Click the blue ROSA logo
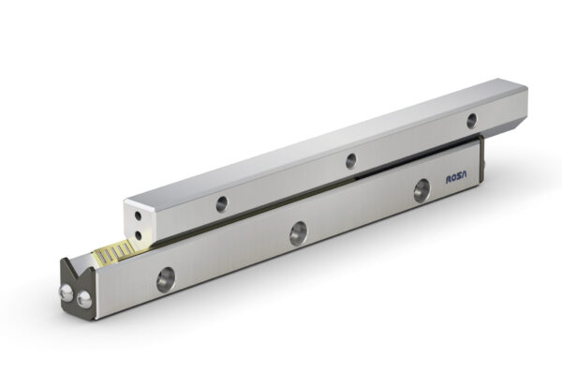pos(457,178)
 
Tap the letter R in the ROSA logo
pos(449,180)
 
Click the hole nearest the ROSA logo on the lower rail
pos(421,190)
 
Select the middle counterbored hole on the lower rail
pos(298,233)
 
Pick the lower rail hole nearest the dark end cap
pos(166,279)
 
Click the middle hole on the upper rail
pos(351,160)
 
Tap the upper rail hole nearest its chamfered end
pos(472,121)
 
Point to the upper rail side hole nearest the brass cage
pos(222,204)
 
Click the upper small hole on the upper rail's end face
pos(138,216)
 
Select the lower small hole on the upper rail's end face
pos(139,235)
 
